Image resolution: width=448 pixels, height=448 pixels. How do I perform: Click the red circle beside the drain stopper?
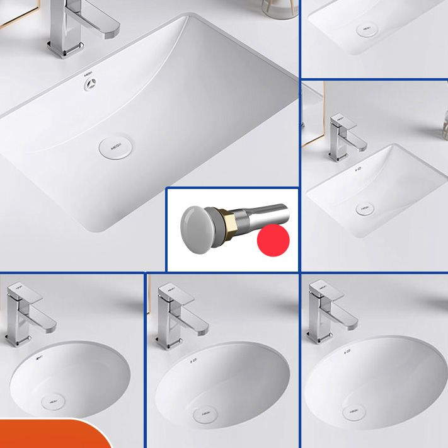tap(273, 239)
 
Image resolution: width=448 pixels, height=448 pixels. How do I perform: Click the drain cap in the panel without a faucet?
tap(367, 29)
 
